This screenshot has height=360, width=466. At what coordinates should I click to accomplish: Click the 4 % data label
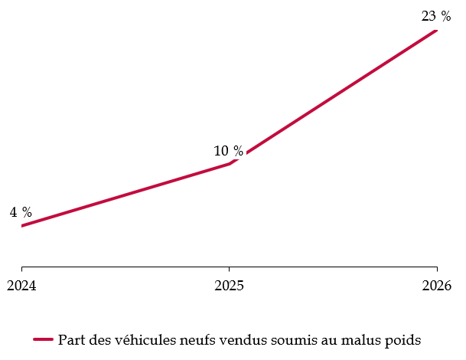[x=21, y=213]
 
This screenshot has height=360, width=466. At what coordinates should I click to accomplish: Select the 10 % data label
[x=228, y=152]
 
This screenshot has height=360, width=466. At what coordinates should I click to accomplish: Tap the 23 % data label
[x=435, y=16]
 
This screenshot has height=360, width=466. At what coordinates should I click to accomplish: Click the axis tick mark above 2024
[x=21, y=270]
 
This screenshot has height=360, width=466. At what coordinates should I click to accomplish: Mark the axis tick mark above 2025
[x=229, y=270]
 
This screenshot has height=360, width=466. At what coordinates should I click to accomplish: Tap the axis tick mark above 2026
[x=436, y=270]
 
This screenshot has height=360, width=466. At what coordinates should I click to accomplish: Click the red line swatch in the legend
[x=43, y=339]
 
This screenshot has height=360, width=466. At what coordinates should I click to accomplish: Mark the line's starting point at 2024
[x=21, y=226]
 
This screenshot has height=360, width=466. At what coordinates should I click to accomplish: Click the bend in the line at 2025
[x=229, y=164]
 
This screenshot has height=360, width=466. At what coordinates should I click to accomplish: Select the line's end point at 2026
[x=436, y=30]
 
